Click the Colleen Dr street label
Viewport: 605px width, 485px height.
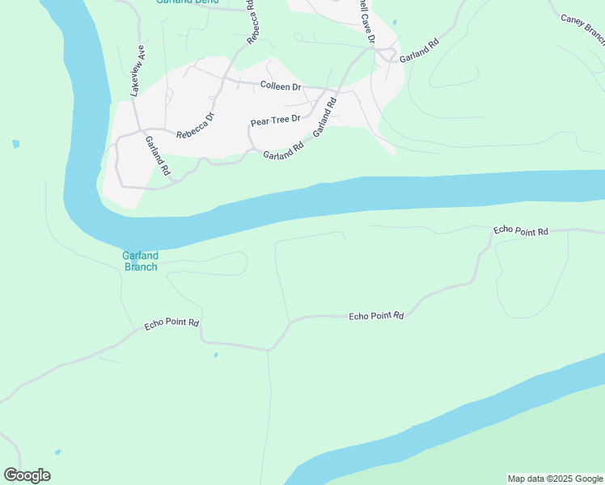point(280,86)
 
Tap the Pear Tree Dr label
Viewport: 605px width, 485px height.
point(275,119)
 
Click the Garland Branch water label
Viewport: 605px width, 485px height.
point(140,261)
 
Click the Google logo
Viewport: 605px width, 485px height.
point(27,475)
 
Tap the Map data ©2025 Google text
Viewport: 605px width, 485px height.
point(554,479)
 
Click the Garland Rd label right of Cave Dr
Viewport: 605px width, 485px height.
point(418,50)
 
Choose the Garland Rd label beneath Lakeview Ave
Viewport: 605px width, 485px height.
point(158,155)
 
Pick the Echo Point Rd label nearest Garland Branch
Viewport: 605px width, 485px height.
point(171,324)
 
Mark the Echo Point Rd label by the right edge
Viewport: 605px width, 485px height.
point(521,231)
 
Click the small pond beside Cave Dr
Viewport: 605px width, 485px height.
point(394,22)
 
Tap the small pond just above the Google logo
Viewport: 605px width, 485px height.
point(57,452)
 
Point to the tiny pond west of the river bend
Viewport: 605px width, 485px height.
point(15,144)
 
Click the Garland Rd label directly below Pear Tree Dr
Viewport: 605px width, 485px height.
point(283,150)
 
